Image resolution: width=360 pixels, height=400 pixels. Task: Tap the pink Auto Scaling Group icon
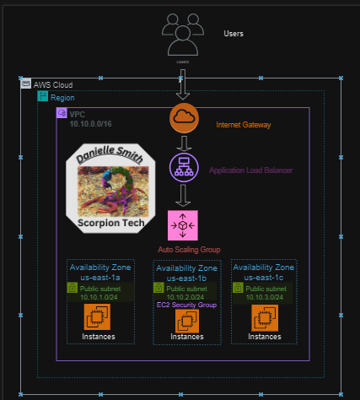[x=183, y=225]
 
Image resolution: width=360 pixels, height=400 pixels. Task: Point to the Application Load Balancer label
[x=257, y=170]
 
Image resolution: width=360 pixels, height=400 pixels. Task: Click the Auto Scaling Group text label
[x=188, y=250]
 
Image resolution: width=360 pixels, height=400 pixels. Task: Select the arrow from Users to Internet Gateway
[x=183, y=84]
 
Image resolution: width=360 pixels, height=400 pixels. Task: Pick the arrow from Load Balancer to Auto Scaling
[x=184, y=196]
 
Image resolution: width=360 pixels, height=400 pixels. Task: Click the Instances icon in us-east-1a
[x=99, y=317]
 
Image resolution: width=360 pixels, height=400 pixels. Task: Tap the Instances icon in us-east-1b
[x=186, y=321]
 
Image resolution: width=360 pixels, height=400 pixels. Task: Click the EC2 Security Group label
[x=186, y=304]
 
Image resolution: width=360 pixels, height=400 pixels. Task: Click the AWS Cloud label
[x=52, y=85]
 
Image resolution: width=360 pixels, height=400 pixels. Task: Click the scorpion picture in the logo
[x=110, y=190]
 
